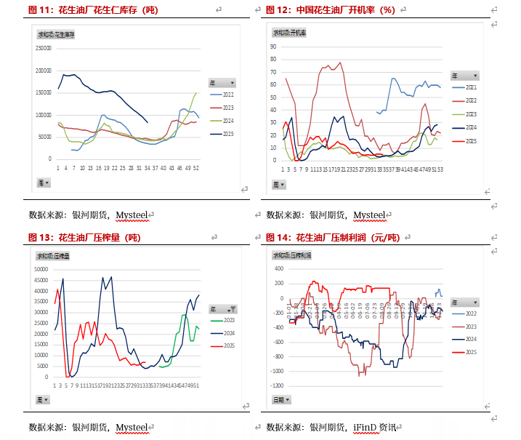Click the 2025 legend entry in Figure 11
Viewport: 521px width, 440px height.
pos(227,134)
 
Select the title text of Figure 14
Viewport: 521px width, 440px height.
pos(334,237)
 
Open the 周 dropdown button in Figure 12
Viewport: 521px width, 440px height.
pos(280,185)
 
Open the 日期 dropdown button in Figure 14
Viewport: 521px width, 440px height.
pos(281,399)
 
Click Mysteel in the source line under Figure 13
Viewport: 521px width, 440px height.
pos(132,427)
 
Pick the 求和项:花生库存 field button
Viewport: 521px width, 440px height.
pos(56,34)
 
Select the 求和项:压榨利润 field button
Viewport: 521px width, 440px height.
pos(291,255)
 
